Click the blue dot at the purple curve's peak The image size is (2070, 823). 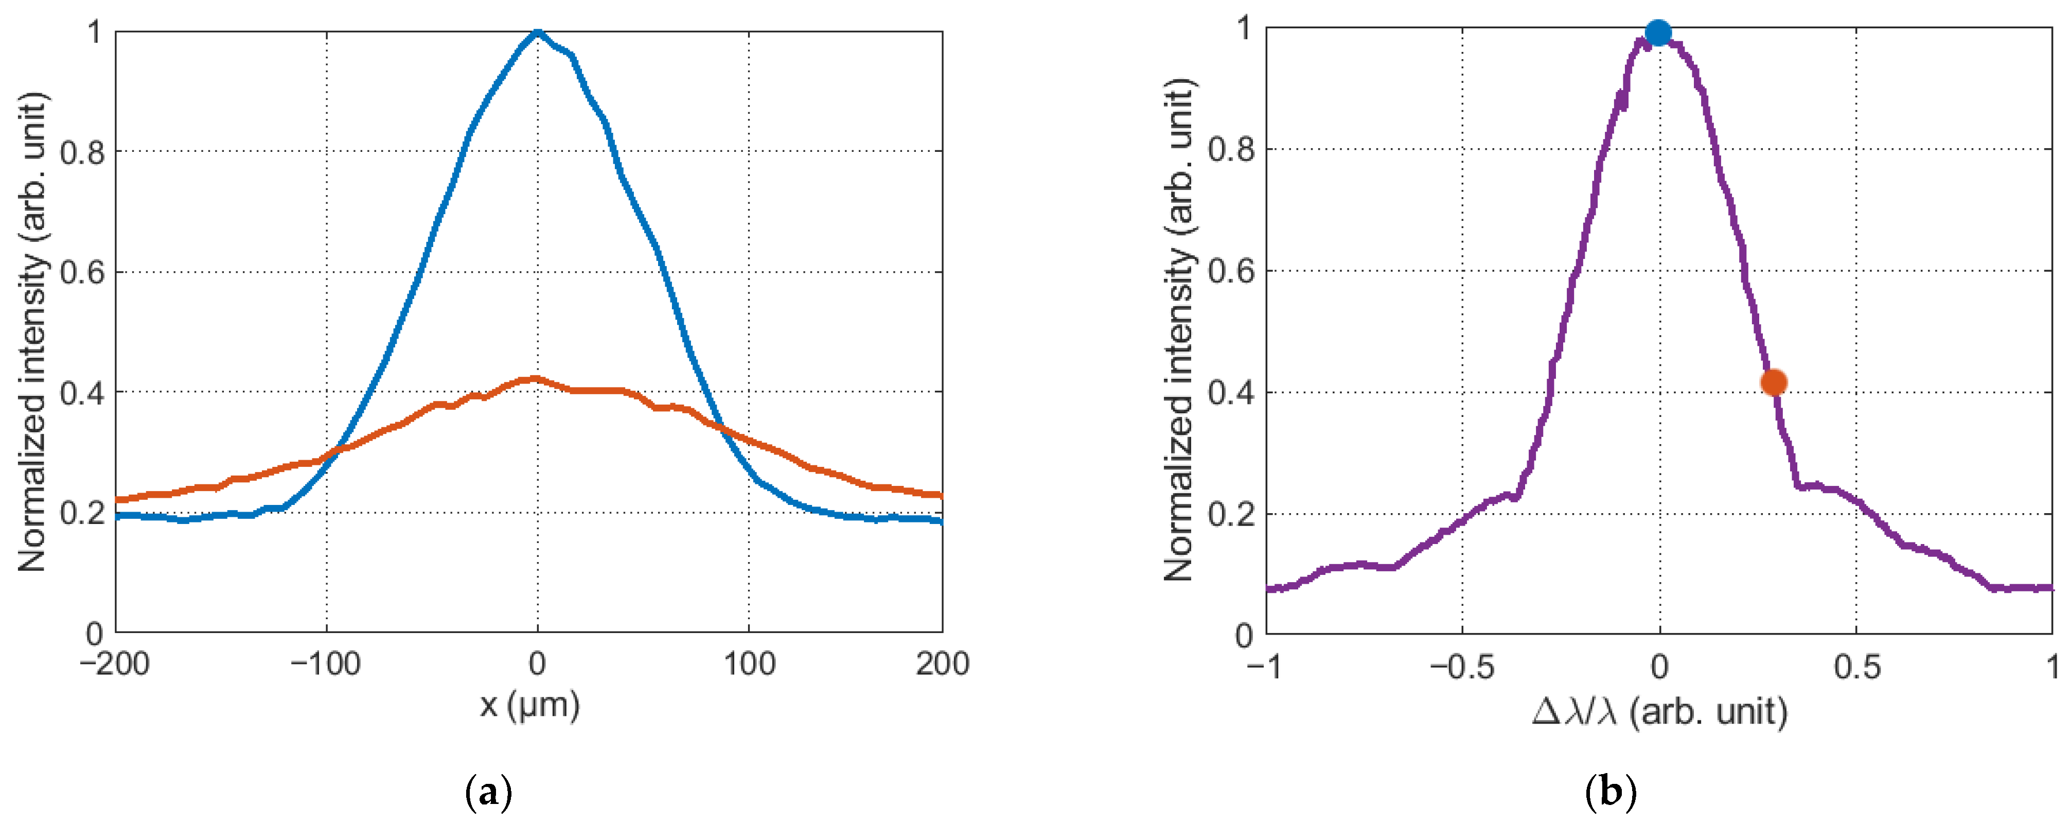1658,33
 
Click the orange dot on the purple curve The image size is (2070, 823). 1774,382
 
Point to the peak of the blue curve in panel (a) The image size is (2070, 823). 538,33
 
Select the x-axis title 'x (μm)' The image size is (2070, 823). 529,706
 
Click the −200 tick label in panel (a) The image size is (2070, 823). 114,664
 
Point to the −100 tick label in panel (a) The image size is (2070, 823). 325,664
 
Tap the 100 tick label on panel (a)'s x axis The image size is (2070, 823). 749,664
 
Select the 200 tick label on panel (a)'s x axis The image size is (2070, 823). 942,664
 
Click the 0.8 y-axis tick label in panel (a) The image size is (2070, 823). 82,152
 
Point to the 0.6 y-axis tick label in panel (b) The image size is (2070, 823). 1230,272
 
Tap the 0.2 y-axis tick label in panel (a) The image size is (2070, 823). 82,513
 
